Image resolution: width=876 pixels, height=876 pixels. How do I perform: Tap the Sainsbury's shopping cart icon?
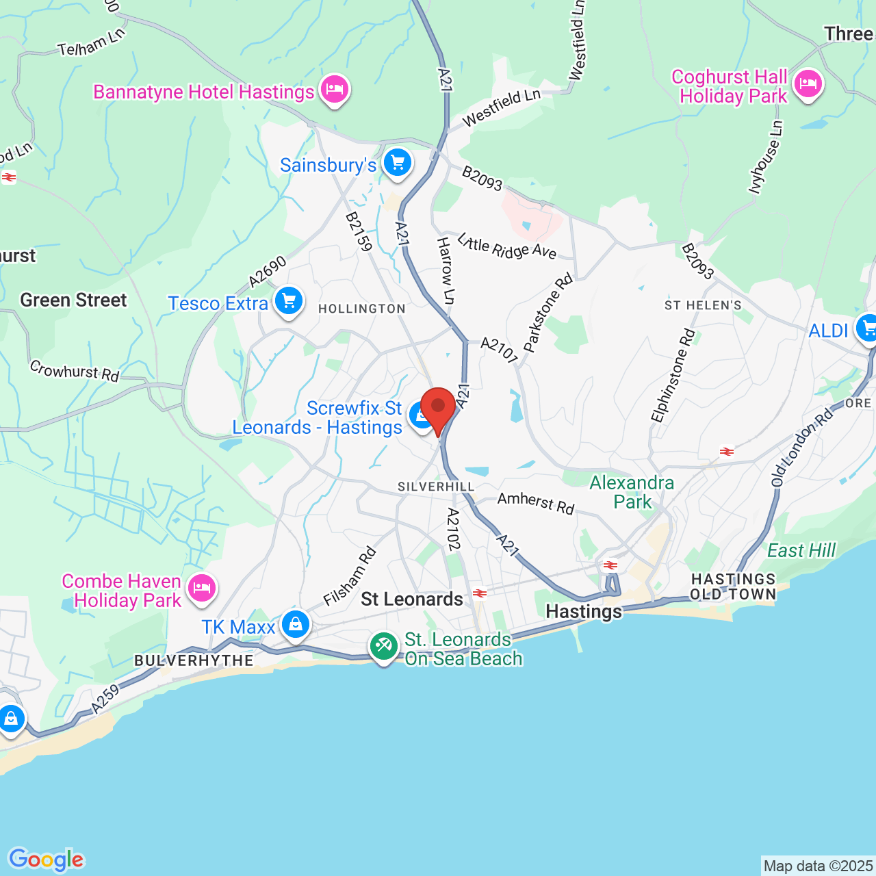tap(398, 163)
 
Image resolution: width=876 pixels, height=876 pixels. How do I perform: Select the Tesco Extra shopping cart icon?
tap(289, 300)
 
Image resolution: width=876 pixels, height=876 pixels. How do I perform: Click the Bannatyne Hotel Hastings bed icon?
tap(335, 89)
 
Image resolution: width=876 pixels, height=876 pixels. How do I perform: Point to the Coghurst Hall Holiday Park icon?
tap(808, 84)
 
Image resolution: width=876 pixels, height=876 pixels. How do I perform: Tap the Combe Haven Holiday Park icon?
tap(202, 588)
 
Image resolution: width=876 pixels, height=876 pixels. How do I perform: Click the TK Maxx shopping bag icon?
tap(296, 624)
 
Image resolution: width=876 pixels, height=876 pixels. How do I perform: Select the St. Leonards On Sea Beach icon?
tap(384, 645)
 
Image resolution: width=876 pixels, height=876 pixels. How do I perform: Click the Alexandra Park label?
tap(632, 492)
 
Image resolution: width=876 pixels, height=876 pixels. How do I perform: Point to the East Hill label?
tap(801, 550)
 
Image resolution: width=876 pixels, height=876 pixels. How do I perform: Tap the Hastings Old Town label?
tap(733, 587)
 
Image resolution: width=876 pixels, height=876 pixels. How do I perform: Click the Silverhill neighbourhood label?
tap(436, 487)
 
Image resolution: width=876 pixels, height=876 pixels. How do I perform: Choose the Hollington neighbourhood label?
tap(362, 309)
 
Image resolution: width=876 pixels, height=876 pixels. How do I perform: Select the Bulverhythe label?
tap(194, 660)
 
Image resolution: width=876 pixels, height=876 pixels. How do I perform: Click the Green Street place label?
tap(73, 300)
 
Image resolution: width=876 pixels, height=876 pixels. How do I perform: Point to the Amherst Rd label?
tap(535, 503)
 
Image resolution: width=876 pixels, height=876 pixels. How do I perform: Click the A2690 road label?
tap(267, 272)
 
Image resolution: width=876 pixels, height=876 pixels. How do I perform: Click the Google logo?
tap(46, 860)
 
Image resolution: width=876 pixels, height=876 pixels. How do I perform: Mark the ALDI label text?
tap(828, 331)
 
